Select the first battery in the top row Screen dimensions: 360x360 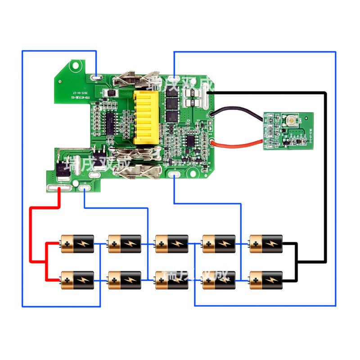(x=77, y=243)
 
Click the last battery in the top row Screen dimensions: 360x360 (x=266, y=243)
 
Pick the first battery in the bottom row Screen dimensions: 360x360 (x=77, y=280)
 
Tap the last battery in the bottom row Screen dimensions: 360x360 (x=266, y=280)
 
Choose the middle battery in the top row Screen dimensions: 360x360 (x=171, y=243)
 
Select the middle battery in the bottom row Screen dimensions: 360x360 (x=171, y=280)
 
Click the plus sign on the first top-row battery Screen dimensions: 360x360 (x=67, y=244)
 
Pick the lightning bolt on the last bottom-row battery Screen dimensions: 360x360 (x=271, y=280)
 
